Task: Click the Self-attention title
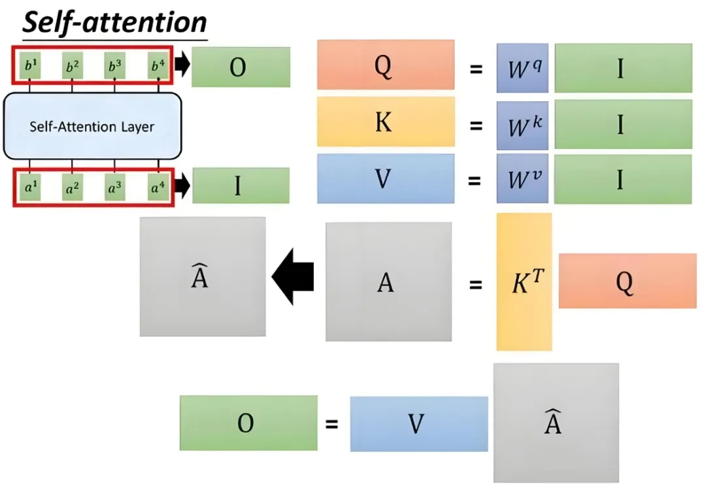(115, 23)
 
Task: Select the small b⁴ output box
(158, 66)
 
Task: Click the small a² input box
(73, 188)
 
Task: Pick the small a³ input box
(115, 188)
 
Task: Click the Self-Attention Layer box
(92, 126)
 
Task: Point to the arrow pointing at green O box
(182, 66)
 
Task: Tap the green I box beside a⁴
(241, 186)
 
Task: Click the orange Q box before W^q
(385, 65)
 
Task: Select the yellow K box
(385, 122)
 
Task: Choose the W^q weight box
(522, 69)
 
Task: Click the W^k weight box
(522, 124)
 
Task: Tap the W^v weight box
(522, 179)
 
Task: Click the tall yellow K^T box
(524, 282)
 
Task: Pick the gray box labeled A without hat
(388, 282)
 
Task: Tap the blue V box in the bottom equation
(418, 424)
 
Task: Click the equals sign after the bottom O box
(332, 424)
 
